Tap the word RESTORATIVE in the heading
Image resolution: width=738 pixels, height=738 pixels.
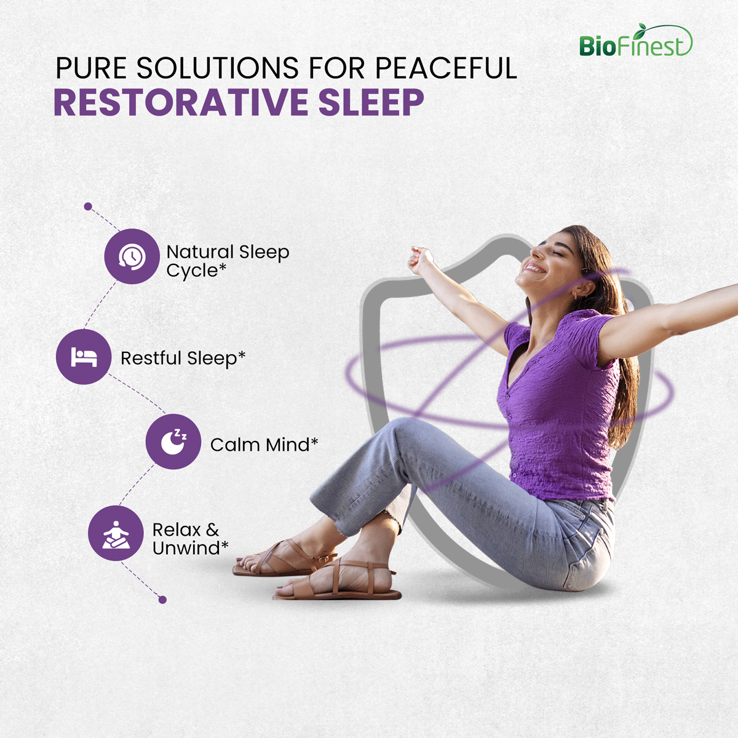coord(181,102)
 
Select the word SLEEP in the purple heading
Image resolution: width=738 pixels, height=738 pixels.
coord(371,102)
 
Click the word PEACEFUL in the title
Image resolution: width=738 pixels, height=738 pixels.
coord(446,68)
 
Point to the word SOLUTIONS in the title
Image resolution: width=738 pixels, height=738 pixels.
coord(218,68)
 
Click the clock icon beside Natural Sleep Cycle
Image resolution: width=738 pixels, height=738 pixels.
coord(132,256)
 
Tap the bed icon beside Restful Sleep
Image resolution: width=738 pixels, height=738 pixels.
coord(84,357)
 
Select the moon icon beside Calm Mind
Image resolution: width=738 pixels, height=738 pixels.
coord(173,442)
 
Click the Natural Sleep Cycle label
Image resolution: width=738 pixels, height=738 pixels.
coord(228,261)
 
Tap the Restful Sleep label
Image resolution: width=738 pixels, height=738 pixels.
coord(183,359)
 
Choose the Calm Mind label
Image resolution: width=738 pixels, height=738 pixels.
coord(264,445)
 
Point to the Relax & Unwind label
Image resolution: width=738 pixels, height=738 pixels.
coord(190,539)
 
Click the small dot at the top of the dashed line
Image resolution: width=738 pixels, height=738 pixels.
coord(88,207)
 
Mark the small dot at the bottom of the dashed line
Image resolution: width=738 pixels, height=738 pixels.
coord(162,600)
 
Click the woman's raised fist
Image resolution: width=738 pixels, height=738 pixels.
coord(420,260)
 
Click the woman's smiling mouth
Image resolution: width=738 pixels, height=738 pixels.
coord(535,268)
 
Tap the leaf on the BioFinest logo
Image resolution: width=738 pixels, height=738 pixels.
coord(641,28)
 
